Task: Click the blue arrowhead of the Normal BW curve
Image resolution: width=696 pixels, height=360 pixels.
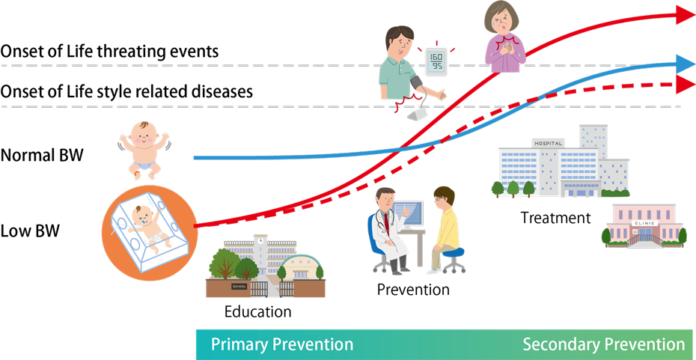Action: point(686,64)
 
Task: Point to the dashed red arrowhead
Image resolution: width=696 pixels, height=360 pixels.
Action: point(686,84)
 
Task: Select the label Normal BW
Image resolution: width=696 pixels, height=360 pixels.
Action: point(41,156)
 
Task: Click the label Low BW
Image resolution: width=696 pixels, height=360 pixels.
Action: point(30,231)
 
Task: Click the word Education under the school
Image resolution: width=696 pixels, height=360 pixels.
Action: point(258,311)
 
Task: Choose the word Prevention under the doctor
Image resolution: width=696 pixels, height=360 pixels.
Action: point(413,290)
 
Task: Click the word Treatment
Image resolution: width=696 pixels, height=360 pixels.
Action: point(556,218)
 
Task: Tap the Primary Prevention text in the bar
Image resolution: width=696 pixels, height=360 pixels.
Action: point(282,345)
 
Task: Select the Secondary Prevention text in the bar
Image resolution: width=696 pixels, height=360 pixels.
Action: point(604,345)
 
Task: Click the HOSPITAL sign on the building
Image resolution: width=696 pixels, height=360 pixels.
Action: point(549,144)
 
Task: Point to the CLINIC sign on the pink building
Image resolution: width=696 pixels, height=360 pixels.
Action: point(643,224)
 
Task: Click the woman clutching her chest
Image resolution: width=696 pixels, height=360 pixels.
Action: point(504,37)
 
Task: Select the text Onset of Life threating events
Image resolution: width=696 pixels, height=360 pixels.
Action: point(109,52)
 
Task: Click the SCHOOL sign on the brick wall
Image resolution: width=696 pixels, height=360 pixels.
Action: point(239,287)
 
